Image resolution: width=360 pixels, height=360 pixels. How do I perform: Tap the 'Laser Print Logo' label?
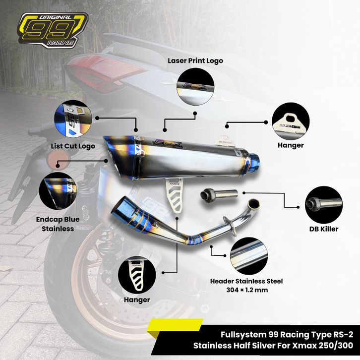pyautogui.click(x=194, y=60)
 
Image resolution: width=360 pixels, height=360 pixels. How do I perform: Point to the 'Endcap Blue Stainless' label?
pyautogui.click(x=55, y=224)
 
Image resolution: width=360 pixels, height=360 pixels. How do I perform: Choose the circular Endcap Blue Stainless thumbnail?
pyautogui.click(x=59, y=189)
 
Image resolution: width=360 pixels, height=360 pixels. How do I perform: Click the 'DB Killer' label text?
pyautogui.click(x=323, y=229)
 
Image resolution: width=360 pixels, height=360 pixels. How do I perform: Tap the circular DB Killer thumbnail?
pyautogui.click(x=323, y=204)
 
